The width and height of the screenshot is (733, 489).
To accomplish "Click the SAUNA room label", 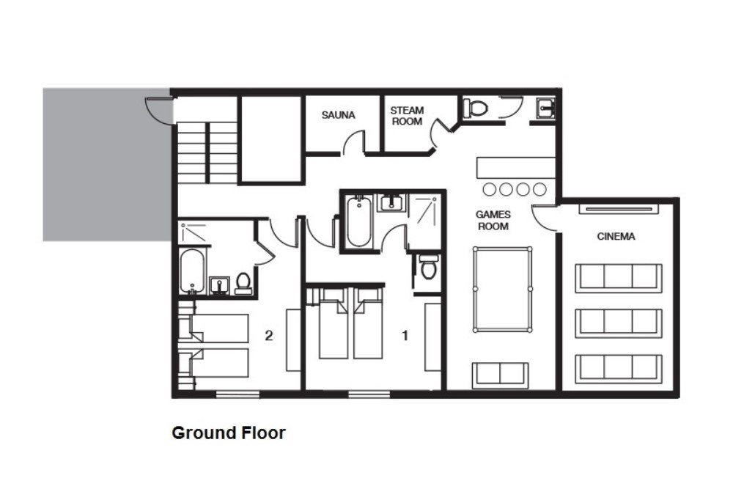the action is [x=338, y=115].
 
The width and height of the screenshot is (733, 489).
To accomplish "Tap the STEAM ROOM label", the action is [x=407, y=116].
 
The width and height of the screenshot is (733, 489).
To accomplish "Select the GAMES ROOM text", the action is [x=493, y=220].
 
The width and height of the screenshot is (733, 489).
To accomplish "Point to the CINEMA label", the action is [x=616, y=237].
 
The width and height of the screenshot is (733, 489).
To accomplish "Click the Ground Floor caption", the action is [x=229, y=433].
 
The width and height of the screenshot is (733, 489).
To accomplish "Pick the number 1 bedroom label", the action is [x=405, y=336].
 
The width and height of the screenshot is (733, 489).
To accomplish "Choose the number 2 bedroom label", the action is [x=269, y=336].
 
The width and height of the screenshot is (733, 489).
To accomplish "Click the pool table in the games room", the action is [x=503, y=289].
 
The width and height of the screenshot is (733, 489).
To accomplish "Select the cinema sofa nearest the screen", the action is [x=619, y=278].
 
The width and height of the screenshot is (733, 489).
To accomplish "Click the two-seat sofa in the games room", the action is [x=500, y=375].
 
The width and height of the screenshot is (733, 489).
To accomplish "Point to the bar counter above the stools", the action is [x=516, y=167].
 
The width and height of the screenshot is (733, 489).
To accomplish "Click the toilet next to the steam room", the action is [x=476, y=108].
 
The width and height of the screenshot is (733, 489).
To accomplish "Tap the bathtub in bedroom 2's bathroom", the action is [x=192, y=271].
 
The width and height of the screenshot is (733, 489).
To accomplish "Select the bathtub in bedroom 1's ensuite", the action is [x=359, y=221].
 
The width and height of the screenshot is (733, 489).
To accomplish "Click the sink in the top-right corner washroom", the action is [x=545, y=109].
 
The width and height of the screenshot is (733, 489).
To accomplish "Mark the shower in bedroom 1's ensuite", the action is [x=424, y=223].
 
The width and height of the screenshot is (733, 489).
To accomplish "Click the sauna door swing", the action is [x=353, y=142].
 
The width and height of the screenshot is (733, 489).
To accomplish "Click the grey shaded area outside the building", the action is [x=107, y=164].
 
